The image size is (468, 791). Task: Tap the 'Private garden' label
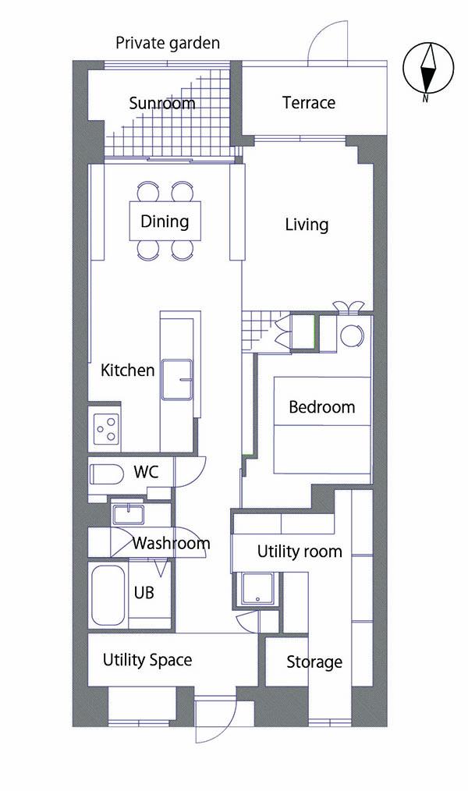(x=168, y=43)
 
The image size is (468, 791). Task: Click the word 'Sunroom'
(x=162, y=104)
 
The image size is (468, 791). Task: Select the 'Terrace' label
(x=309, y=102)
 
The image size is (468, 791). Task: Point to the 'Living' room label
(x=307, y=225)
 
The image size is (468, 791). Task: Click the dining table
(x=165, y=221)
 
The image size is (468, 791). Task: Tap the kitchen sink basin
(x=176, y=379)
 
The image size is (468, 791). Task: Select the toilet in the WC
(x=106, y=474)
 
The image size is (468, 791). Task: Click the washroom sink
(x=128, y=514)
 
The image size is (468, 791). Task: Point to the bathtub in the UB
(x=108, y=594)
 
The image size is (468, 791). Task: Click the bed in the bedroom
(x=321, y=425)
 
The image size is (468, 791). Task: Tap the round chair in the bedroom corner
(x=352, y=335)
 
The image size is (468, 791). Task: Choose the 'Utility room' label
(x=300, y=552)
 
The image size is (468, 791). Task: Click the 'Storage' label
(x=314, y=662)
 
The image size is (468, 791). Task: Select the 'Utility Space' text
(x=147, y=660)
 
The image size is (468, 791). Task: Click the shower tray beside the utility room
(x=258, y=588)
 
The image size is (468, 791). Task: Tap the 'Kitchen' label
(x=128, y=370)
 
